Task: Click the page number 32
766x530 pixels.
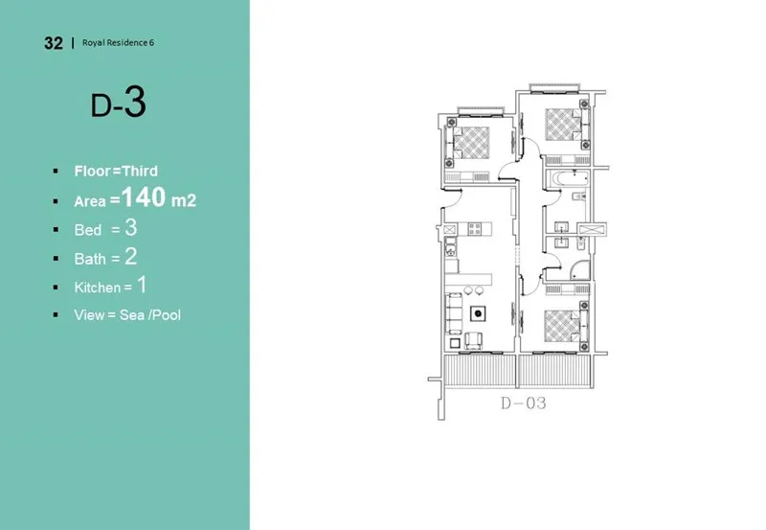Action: point(54,43)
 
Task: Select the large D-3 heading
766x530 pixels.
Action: point(118,104)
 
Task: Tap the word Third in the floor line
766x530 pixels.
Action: point(140,172)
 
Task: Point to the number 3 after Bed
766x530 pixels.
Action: point(131,228)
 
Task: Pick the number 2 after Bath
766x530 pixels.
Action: point(131,257)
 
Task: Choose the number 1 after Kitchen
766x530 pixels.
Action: point(141,285)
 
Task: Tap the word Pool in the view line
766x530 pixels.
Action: point(165,314)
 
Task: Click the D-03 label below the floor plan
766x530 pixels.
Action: point(523,403)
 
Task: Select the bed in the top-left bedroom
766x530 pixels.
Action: point(469,143)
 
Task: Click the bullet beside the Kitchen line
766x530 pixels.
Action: point(56,287)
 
